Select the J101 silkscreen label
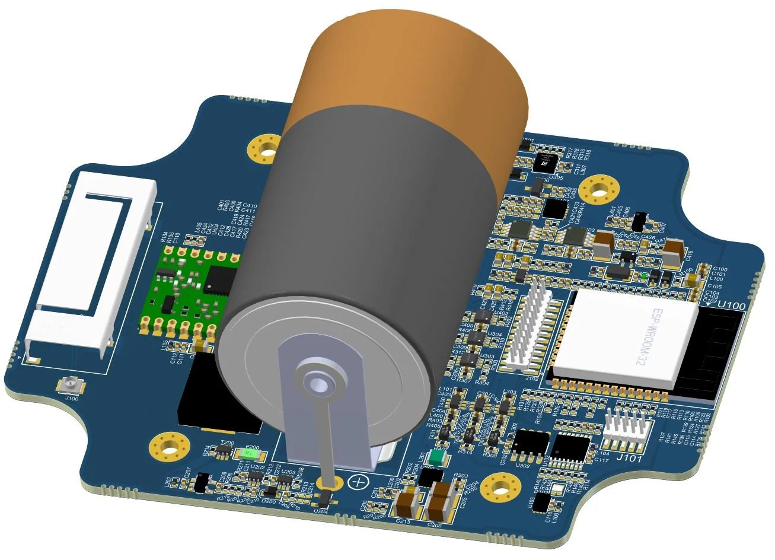tap(626, 457)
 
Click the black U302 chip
tap(531, 444)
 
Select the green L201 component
tap(438, 458)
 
